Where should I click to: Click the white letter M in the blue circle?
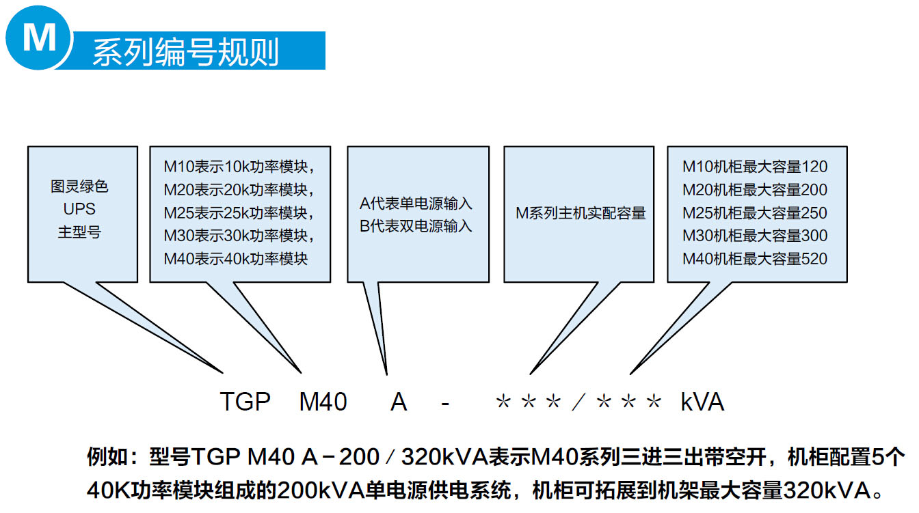pyautogui.click(x=40, y=37)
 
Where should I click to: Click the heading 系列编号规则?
pyautogui.click(x=186, y=52)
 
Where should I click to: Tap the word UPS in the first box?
pyautogui.click(x=79, y=210)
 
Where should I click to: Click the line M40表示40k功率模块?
pyautogui.click(x=235, y=259)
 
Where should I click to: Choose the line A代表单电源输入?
pyautogui.click(x=416, y=204)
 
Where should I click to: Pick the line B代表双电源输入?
pyautogui.click(x=416, y=226)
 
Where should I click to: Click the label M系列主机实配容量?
pyautogui.click(x=581, y=213)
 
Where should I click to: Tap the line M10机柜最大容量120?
pyautogui.click(x=754, y=167)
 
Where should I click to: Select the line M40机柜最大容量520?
pyautogui.click(x=754, y=259)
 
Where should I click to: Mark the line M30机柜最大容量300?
pyautogui.click(x=754, y=236)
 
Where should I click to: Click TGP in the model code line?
pyautogui.click(x=245, y=402)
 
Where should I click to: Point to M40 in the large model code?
pyautogui.click(x=323, y=402)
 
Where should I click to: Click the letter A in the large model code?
pyautogui.click(x=399, y=402)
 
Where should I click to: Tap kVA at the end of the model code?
pyautogui.click(x=702, y=402)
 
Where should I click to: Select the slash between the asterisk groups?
pyautogui.click(x=578, y=402)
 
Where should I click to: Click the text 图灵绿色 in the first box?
pyautogui.click(x=79, y=186)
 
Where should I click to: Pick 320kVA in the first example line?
pyautogui.click(x=444, y=457)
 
